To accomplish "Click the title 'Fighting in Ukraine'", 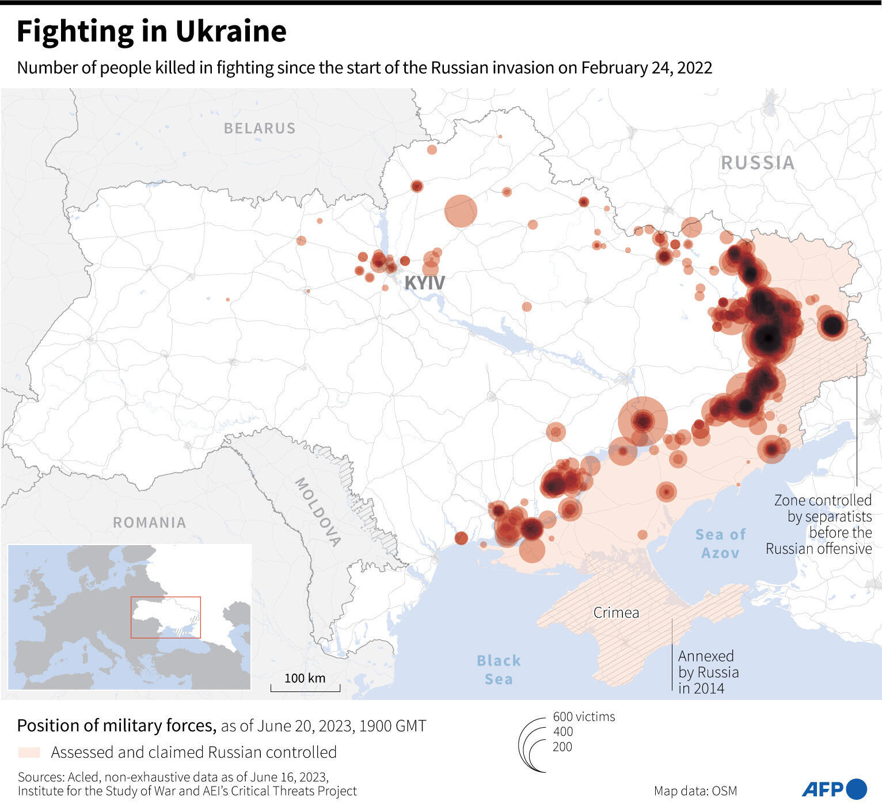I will pyautogui.click(x=151, y=32).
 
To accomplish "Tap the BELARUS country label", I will pyautogui.click(x=259, y=128).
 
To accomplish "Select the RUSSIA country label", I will pyautogui.click(x=758, y=163).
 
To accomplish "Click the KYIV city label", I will pyautogui.click(x=424, y=283).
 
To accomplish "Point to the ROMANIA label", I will pyautogui.click(x=149, y=523).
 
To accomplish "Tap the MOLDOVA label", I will pyautogui.click(x=318, y=512).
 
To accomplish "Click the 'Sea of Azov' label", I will pyautogui.click(x=720, y=543).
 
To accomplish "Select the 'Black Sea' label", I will pyautogui.click(x=499, y=670).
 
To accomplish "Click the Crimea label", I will pyautogui.click(x=616, y=613).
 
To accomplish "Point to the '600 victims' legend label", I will pyautogui.click(x=584, y=716).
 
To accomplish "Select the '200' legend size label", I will pyautogui.click(x=562, y=747).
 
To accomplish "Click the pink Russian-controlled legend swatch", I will pyautogui.click(x=29, y=753).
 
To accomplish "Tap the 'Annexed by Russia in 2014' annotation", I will pyautogui.click(x=708, y=672).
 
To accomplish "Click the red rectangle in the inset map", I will pyautogui.click(x=166, y=617).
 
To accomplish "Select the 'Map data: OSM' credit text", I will pyautogui.click(x=695, y=791).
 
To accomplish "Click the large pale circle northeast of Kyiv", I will pyautogui.click(x=461, y=211).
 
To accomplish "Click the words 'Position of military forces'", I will pyautogui.click(x=116, y=725).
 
